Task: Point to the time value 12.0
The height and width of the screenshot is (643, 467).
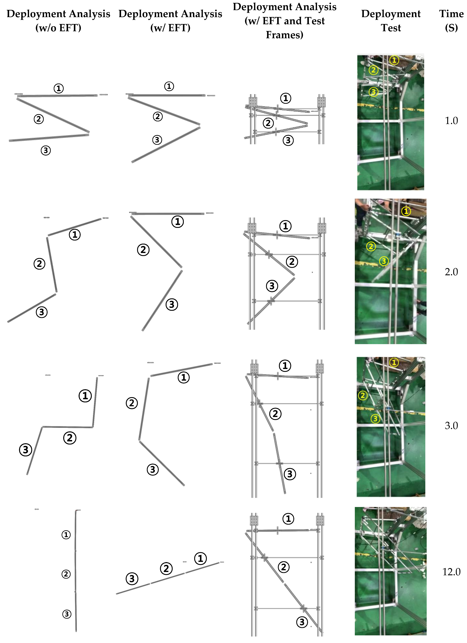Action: click(x=451, y=572)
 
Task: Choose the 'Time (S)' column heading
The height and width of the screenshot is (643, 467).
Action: click(x=451, y=21)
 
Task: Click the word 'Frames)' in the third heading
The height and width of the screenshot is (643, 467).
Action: click(x=284, y=35)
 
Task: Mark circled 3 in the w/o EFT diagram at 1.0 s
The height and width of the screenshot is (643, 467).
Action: click(x=46, y=150)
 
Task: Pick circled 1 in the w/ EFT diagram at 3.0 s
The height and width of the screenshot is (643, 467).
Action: click(x=184, y=377)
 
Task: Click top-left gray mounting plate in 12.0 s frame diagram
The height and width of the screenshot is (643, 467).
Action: click(x=254, y=520)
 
